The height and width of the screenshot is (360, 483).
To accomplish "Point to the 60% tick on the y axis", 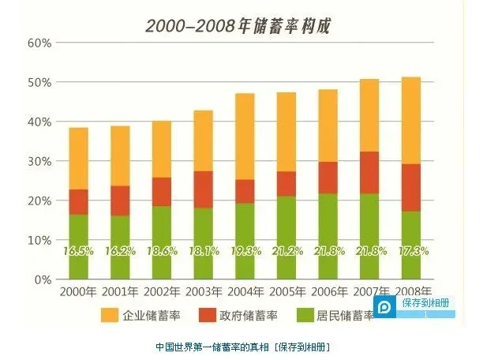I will [x=39, y=43].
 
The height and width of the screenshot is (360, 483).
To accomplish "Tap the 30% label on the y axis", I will [x=39, y=161].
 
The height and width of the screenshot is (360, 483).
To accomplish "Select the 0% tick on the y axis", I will [x=42, y=279].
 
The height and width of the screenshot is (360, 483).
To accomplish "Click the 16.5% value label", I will [x=79, y=251].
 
